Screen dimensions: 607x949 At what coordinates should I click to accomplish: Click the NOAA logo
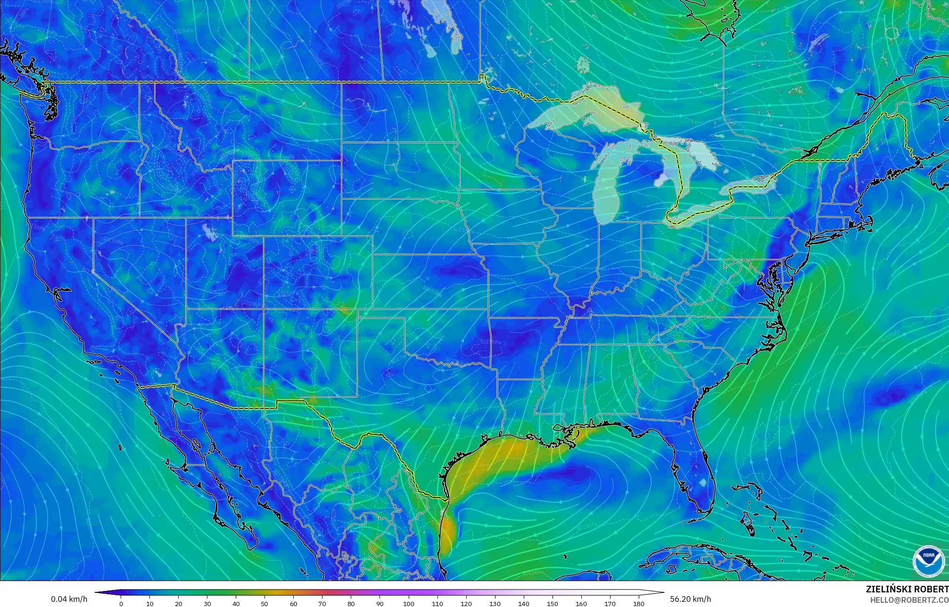(x=928, y=561)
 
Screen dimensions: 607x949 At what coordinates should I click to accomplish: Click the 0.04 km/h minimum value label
(x=69, y=599)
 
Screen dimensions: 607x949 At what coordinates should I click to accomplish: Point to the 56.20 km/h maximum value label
(x=690, y=599)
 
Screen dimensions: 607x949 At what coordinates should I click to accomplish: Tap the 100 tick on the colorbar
(x=409, y=604)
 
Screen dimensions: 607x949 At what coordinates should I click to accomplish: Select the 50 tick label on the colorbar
(x=265, y=604)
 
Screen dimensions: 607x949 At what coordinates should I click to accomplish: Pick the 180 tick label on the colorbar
(x=639, y=604)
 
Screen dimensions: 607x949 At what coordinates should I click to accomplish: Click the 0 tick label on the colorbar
(x=121, y=604)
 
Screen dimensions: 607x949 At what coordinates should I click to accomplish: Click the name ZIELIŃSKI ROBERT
(x=907, y=589)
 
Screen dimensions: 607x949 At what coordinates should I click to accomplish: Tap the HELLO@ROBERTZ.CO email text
(x=909, y=599)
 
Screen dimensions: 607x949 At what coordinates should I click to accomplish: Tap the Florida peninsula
(x=698, y=476)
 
